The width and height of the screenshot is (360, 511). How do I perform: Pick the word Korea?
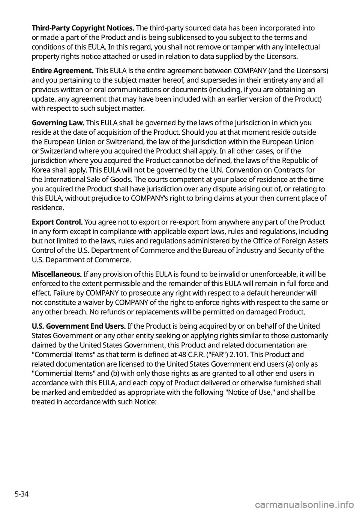[41, 170]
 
